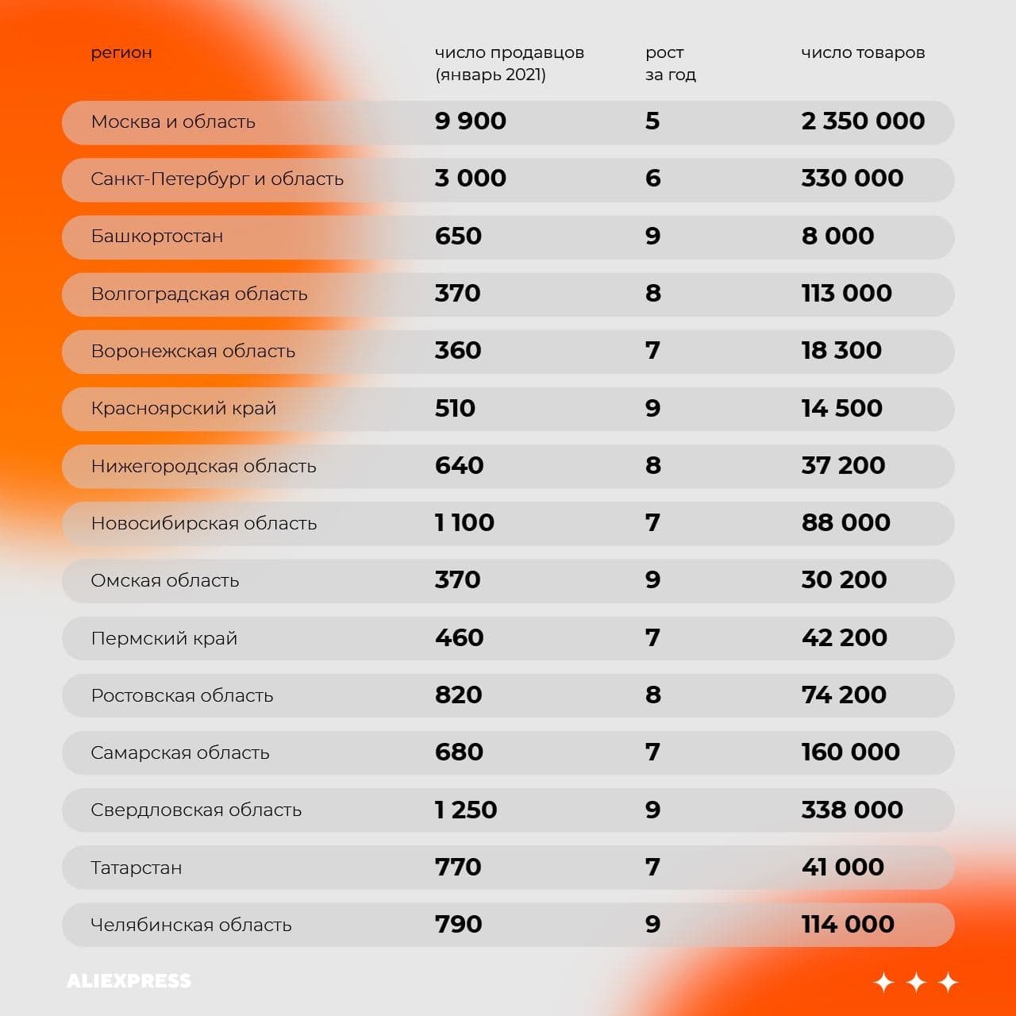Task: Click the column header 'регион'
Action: pos(121,53)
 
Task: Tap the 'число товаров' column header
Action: pos(863,53)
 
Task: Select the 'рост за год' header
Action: pos(670,63)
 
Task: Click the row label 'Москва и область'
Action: pos(173,122)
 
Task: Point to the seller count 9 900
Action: pos(470,121)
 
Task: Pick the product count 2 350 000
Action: pos(863,121)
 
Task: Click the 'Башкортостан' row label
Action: pos(157,237)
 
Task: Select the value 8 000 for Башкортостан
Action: pos(837,237)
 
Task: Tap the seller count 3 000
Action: pos(470,179)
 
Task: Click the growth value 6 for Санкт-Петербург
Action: pos(652,179)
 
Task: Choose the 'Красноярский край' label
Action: pos(183,409)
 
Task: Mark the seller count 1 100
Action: pos(464,523)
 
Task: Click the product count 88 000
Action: pos(845,523)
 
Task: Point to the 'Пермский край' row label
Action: pos(164,638)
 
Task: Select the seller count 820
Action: pos(458,695)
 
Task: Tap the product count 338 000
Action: pos(852,810)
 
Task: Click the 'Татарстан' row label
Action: pos(136,868)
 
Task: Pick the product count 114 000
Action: pos(848,925)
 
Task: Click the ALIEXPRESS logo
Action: pos(129,981)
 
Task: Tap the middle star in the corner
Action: pos(916,983)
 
